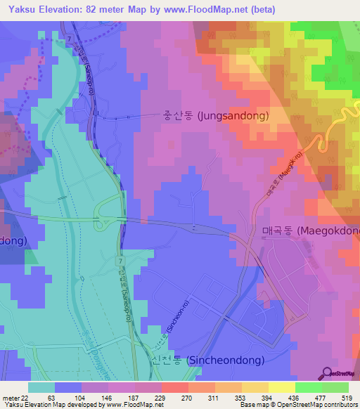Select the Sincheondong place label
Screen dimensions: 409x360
(x=207, y=361)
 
